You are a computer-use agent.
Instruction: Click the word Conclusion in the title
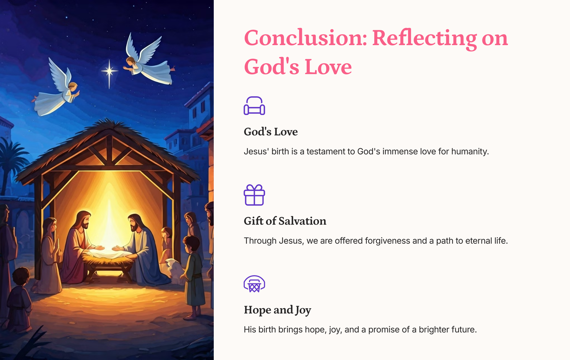tap(305, 38)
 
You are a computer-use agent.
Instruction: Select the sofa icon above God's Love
tap(254, 105)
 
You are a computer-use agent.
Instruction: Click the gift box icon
tap(254, 195)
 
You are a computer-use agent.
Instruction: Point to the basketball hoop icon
tap(254, 284)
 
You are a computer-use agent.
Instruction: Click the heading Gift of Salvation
tap(285, 221)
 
